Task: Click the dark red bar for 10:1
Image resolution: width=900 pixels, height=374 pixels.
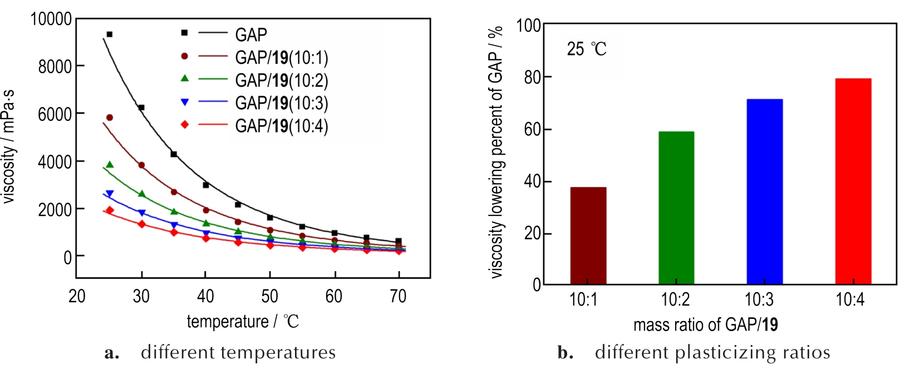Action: coord(588,236)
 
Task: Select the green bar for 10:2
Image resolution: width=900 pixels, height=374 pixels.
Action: coord(676,208)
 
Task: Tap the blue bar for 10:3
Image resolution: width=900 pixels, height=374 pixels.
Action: coord(764,192)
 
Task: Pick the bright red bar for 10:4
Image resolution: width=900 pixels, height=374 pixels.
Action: coord(853,181)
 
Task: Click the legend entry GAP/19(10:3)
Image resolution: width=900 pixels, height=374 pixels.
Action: coord(281,103)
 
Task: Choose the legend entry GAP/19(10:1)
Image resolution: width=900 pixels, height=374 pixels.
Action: coord(281,57)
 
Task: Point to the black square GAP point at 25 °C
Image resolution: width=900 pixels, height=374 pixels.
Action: coord(110,35)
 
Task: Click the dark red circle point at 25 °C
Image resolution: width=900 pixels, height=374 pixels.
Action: coord(110,117)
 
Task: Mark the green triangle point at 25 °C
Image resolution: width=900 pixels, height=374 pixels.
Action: coord(110,165)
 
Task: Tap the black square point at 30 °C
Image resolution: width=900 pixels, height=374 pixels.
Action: coord(141,107)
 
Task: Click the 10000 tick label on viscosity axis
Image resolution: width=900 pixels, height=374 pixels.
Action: coord(51,19)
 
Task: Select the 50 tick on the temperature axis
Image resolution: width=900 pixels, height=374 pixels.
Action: coord(270,296)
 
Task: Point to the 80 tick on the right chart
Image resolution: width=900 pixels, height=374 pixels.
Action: coord(532,77)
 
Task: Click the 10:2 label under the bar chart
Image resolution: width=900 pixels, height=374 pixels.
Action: coord(675,300)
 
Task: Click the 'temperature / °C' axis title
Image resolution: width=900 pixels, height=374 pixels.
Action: coord(243,322)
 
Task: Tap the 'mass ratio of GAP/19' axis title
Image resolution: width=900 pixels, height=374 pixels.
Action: coord(705,324)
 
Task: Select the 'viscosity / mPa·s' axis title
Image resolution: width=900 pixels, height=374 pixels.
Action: coord(9,146)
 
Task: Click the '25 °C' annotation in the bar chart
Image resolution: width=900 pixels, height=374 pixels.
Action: coord(587,49)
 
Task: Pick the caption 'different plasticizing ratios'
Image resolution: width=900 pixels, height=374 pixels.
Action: coord(712,352)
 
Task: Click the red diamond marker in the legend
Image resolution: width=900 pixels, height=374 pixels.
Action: coord(185,125)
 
